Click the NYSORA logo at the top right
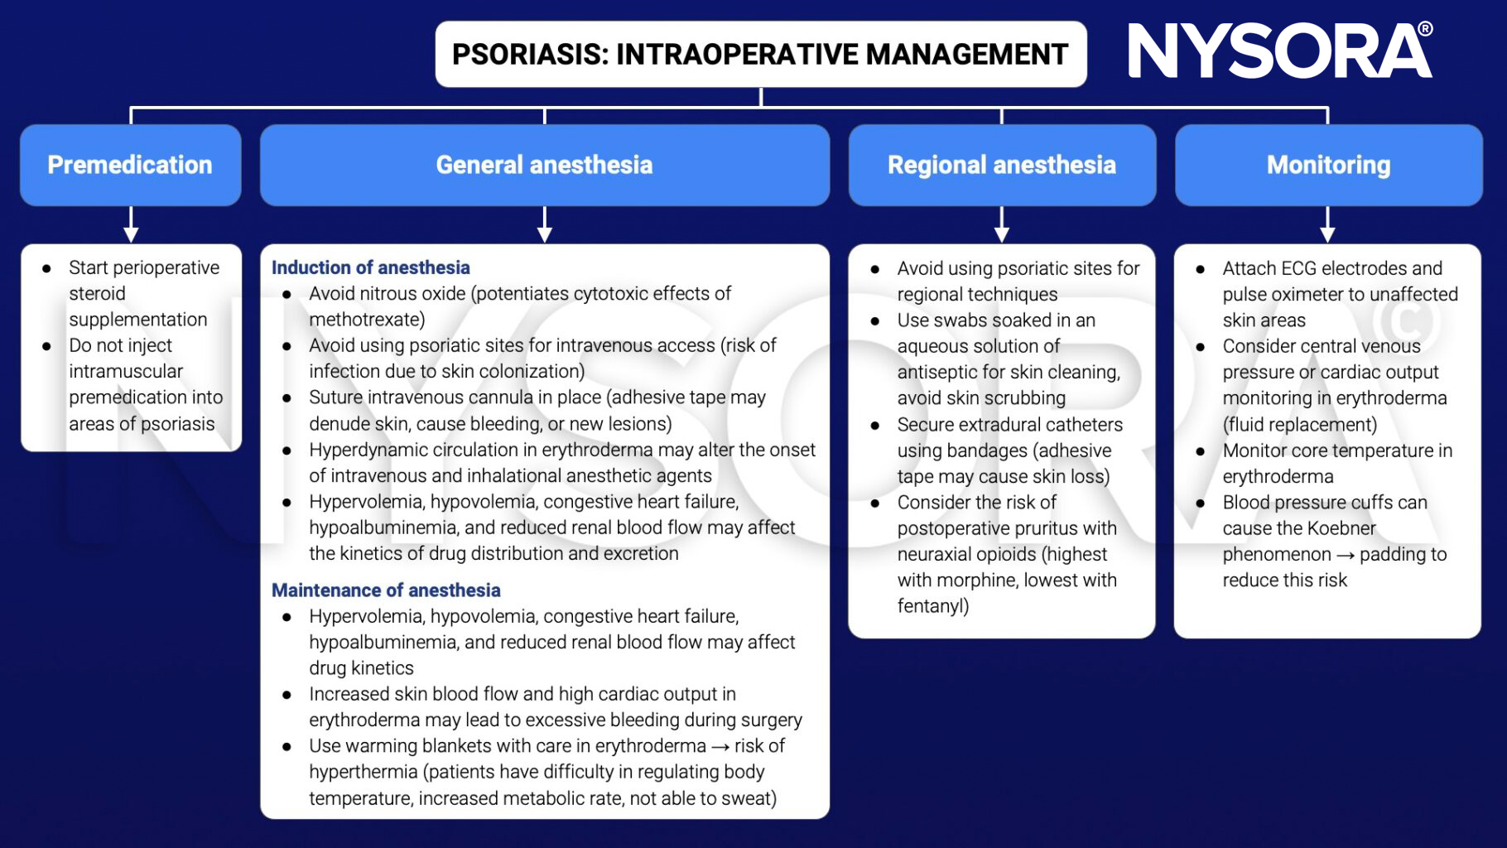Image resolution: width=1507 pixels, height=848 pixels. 1279,51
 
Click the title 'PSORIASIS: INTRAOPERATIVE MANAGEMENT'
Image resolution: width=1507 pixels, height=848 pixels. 760,55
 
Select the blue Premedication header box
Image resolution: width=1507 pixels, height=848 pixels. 130,165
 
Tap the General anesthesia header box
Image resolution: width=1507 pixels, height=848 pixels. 544,165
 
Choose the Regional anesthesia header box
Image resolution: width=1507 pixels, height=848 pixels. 1001,165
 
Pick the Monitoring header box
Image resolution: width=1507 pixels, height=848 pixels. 1327,165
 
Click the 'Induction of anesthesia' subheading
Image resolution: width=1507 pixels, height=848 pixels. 370,267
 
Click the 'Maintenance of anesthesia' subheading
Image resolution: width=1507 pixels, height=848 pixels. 386,590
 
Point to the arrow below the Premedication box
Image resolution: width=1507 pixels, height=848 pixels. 130,224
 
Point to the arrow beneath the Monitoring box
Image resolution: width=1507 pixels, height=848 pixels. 1327,224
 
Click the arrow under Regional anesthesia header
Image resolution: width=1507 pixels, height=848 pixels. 1001,224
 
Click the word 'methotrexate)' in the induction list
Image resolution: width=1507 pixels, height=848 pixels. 367,320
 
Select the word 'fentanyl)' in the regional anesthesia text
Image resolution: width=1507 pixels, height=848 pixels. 932,606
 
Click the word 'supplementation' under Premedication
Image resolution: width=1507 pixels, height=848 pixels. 137,320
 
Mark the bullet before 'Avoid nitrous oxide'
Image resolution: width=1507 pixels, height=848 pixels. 286,295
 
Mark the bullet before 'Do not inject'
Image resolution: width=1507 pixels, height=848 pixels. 47,346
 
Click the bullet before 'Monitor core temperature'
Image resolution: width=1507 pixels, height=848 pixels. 1200,451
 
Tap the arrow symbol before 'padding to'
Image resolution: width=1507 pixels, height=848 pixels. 1345,555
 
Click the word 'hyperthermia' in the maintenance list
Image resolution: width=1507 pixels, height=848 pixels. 363,772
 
